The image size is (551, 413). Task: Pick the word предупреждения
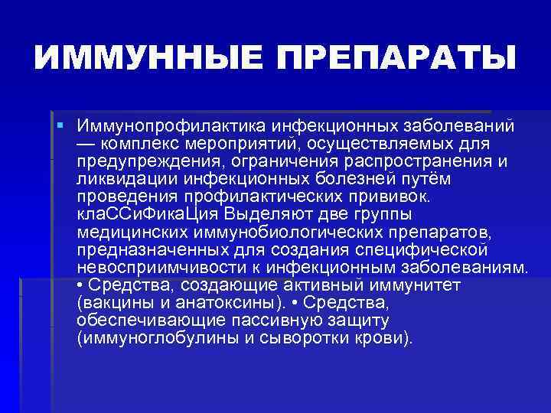pos(149,161)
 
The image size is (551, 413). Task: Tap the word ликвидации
pos(126,178)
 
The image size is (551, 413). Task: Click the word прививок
pos(393,196)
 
